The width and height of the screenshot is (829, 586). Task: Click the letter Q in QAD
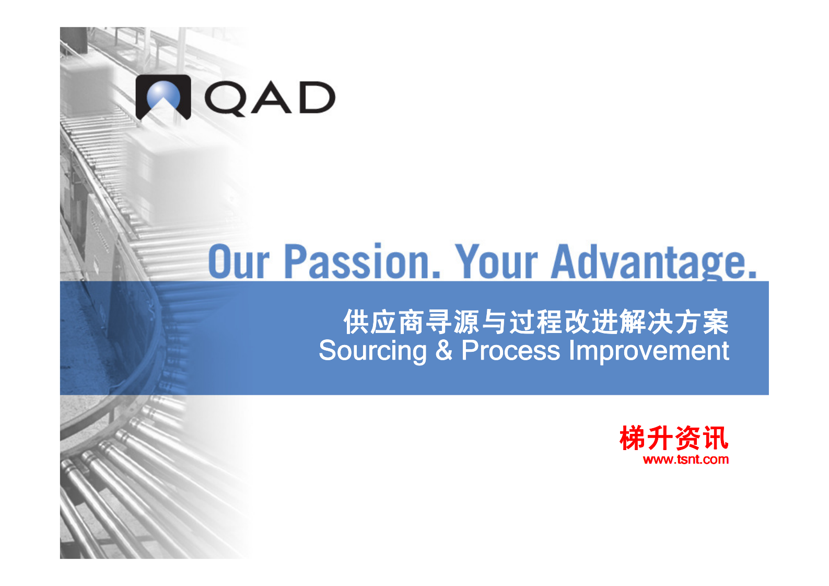(x=225, y=98)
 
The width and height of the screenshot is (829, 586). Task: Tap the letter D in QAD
(x=317, y=97)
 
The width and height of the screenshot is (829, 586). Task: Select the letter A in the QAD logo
(x=271, y=97)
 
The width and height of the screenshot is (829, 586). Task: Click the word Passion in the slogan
(x=362, y=261)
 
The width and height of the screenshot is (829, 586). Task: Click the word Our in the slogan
(x=239, y=261)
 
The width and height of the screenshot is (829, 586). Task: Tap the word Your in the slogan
(x=496, y=261)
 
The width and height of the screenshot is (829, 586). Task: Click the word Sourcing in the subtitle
(x=372, y=350)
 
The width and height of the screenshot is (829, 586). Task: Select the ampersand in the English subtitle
(x=443, y=350)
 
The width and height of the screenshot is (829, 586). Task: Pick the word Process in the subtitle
(x=511, y=350)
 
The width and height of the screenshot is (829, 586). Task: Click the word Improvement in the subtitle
(x=649, y=350)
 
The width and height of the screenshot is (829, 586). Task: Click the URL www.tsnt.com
(x=686, y=459)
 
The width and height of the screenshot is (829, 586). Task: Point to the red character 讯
(x=715, y=438)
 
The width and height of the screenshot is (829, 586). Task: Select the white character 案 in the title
(x=715, y=321)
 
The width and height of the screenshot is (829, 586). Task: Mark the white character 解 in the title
(x=633, y=321)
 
